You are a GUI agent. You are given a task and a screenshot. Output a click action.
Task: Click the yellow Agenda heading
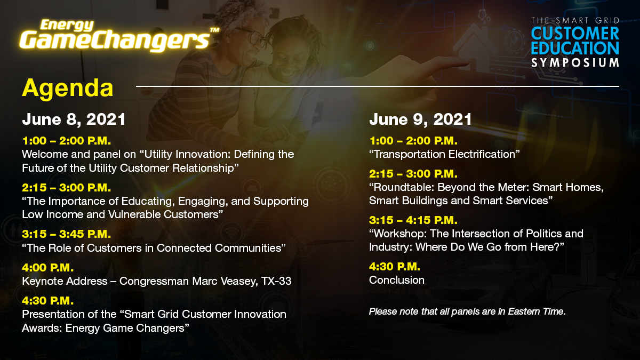[x=67, y=88]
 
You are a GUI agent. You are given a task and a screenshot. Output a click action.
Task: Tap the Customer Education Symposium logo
[x=575, y=42]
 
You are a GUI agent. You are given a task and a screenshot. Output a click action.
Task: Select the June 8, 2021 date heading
[x=74, y=119]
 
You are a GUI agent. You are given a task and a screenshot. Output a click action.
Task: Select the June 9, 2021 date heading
[x=420, y=119]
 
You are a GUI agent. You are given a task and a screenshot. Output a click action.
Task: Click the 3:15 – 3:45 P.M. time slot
[x=67, y=234]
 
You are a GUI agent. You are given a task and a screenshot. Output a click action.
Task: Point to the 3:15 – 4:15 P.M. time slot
[x=413, y=220]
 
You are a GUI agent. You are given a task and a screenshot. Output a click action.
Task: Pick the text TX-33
[x=276, y=281]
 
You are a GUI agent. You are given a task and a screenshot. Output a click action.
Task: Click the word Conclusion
[x=397, y=280]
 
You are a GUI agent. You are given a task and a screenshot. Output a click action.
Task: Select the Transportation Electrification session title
[x=444, y=154]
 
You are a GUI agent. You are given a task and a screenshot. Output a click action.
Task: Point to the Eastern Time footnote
[x=467, y=311]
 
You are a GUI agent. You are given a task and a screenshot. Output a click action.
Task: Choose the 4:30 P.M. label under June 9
[x=395, y=266]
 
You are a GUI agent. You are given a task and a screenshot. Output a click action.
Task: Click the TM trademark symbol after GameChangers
[x=214, y=31]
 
